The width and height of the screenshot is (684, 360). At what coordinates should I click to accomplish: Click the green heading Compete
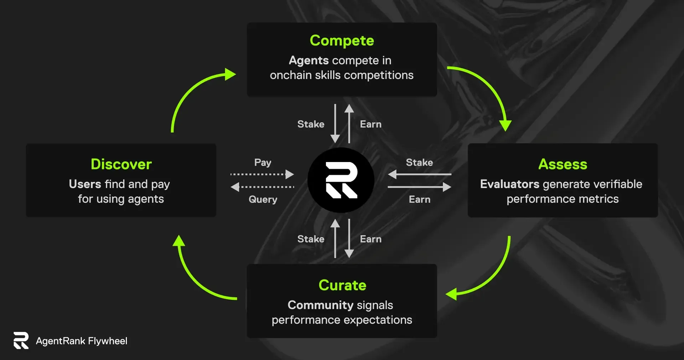click(x=342, y=41)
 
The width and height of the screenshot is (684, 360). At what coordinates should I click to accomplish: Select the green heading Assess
click(x=563, y=164)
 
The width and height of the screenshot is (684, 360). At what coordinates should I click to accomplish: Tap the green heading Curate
click(x=342, y=285)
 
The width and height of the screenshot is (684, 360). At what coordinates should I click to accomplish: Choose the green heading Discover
click(x=121, y=164)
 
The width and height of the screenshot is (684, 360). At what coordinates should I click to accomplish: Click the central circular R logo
click(x=341, y=180)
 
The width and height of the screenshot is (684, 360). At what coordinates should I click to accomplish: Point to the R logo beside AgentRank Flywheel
click(x=21, y=340)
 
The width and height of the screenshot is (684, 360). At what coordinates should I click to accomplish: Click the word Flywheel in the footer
click(x=108, y=341)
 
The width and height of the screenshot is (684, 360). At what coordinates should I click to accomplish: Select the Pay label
click(x=263, y=163)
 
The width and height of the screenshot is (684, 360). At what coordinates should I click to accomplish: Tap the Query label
click(x=263, y=199)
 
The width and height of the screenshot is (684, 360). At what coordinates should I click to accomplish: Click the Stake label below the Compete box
click(x=311, y=124)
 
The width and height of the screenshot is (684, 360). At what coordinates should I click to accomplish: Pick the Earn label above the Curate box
click(x=371, y=239)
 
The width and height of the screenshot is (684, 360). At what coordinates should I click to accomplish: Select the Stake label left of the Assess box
click(x=420, y=162)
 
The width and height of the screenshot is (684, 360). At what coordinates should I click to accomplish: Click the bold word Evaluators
click(x=510, y=184)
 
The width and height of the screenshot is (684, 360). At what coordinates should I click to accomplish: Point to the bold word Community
click(x=320, y=305)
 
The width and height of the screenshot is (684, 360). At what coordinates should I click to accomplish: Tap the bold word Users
click(x=85, y=184)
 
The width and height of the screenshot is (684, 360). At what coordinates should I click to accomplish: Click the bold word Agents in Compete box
click(x=309, y=61)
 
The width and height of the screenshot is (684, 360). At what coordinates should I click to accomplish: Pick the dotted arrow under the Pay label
click(x=262, y=174)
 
